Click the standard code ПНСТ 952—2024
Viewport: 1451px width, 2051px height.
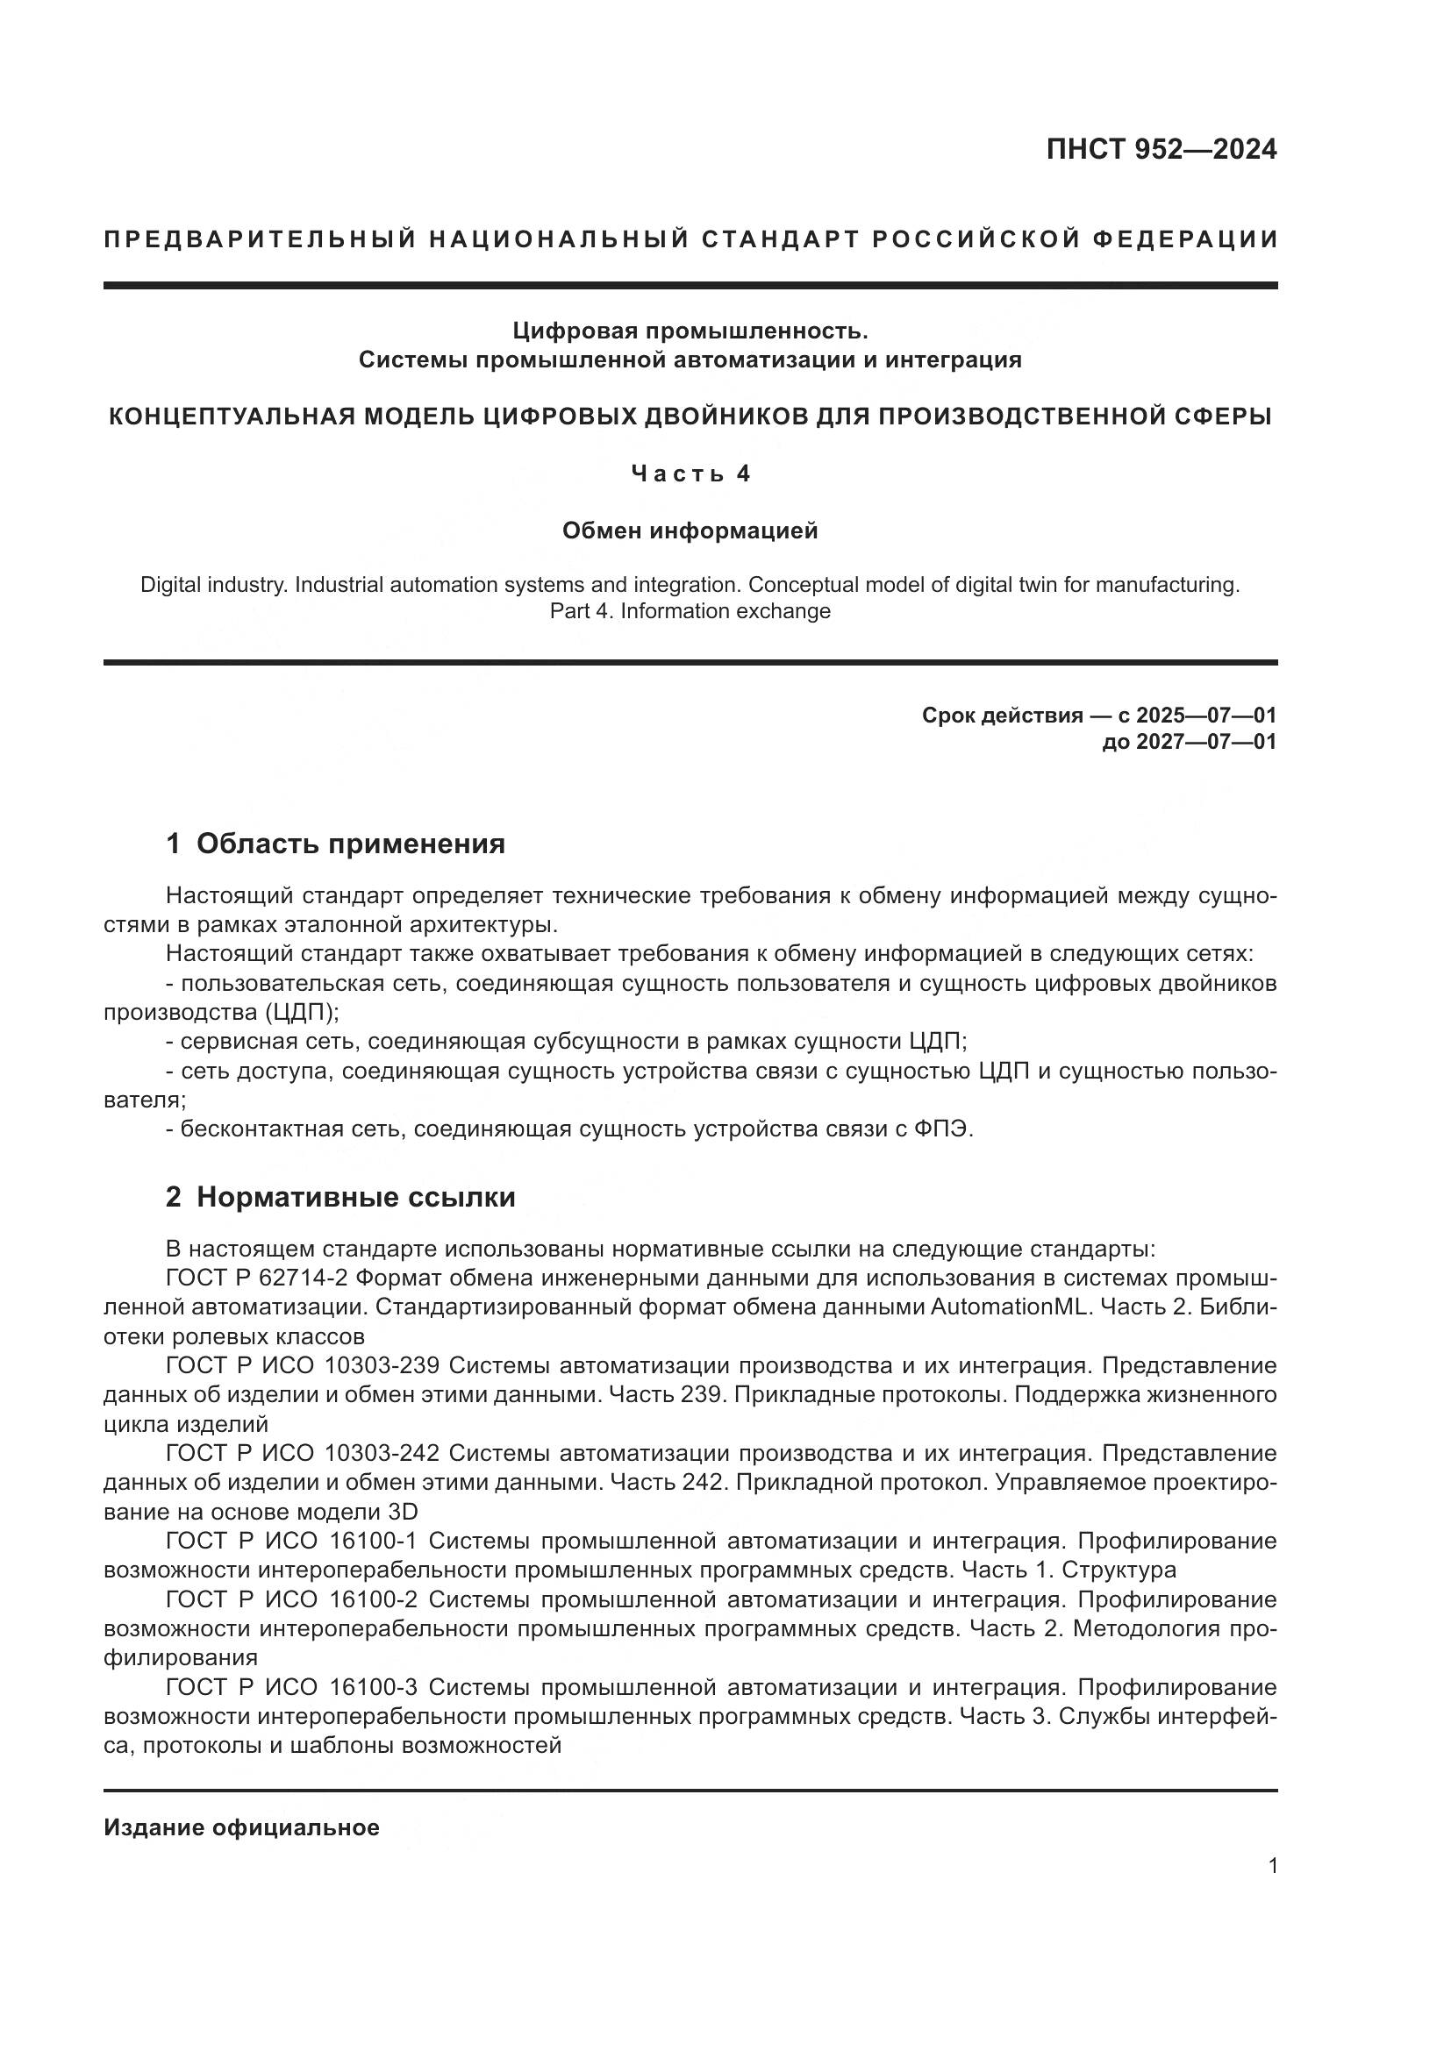(1161, 149)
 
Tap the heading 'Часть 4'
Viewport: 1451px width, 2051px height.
(690, 474)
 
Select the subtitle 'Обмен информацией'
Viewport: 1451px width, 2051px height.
(690, 531)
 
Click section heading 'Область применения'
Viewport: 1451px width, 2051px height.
(350, 844)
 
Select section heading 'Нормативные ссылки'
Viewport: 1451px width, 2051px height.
(355, 1197)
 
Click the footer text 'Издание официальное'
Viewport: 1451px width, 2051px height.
(241, 1827)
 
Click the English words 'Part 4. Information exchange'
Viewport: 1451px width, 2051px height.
(690, 611)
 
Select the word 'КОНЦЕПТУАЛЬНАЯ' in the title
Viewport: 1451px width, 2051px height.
(235, 417)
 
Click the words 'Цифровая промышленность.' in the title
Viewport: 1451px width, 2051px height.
(690, 331)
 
